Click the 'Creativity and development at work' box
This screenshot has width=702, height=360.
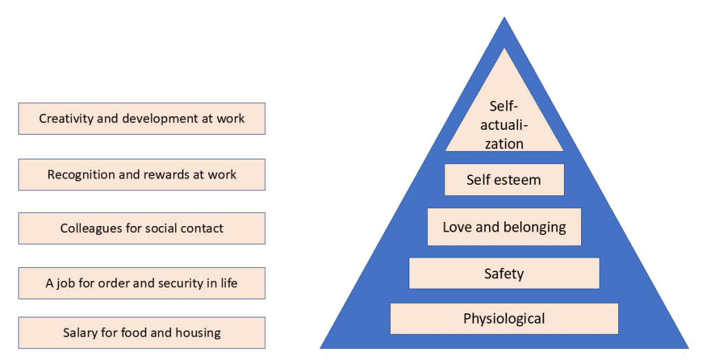click(141, 119)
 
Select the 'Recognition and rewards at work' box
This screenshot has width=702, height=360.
click(141, 175)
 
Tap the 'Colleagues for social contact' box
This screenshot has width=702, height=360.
click(141, 228)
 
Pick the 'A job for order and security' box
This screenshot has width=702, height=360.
click(141, 282)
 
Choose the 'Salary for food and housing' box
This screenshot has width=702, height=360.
click(141, 333)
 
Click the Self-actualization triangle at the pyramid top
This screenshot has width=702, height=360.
click(505, 124)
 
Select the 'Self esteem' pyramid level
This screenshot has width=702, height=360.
click(504, 180)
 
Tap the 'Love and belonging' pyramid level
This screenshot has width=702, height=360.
click(504, 227)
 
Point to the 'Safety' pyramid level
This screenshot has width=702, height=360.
click(504, 273)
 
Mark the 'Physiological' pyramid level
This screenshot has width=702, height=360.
click(504, 319)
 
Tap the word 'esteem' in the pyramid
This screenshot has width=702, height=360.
click(518, 180)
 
